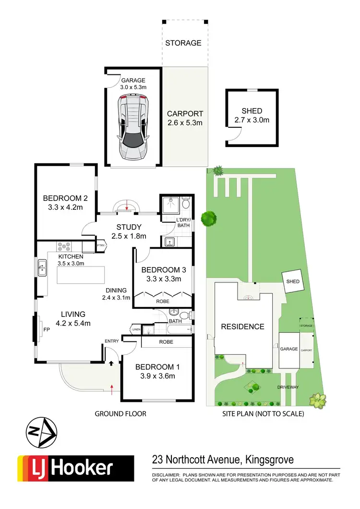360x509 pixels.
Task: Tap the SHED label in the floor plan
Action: (x=252, y=111)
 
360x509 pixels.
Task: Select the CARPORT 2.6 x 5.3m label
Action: (x=185, y=118)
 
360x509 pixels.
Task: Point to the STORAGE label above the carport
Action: (x=183, y=43)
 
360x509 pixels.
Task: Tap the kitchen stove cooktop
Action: (x=64, y=247)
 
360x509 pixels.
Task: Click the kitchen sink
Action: (x=42, y=267)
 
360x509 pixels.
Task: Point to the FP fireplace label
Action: (x=47, y=330)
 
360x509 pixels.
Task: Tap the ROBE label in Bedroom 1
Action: (x=166, y=342)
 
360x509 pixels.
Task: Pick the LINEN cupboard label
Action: (x=136, y=329)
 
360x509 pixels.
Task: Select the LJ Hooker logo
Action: (x=75, y=468)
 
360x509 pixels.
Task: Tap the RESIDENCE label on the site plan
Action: (x=242, y=327)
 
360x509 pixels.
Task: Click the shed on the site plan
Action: (x=293, y=281)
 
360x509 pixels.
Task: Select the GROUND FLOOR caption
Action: (x=120, y=413)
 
